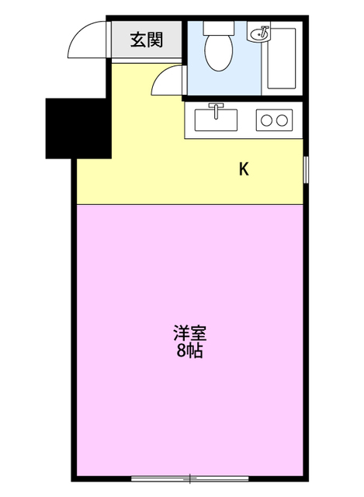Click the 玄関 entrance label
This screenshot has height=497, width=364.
[x=145, y=40]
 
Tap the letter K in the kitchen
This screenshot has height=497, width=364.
[x=243, y=169]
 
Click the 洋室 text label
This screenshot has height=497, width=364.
[x=189, y=335]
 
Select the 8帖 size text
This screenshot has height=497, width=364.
[x=189, y=351]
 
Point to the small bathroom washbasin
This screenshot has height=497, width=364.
[x=260, y=34]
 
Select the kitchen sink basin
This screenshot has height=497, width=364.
[x=216, y=120]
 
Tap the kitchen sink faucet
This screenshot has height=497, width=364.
[x=216, y=108]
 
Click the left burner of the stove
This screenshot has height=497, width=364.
[x=267, y=120]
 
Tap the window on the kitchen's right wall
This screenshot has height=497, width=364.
[x=305, y=169]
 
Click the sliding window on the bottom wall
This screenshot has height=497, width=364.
[x=189, y=476]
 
